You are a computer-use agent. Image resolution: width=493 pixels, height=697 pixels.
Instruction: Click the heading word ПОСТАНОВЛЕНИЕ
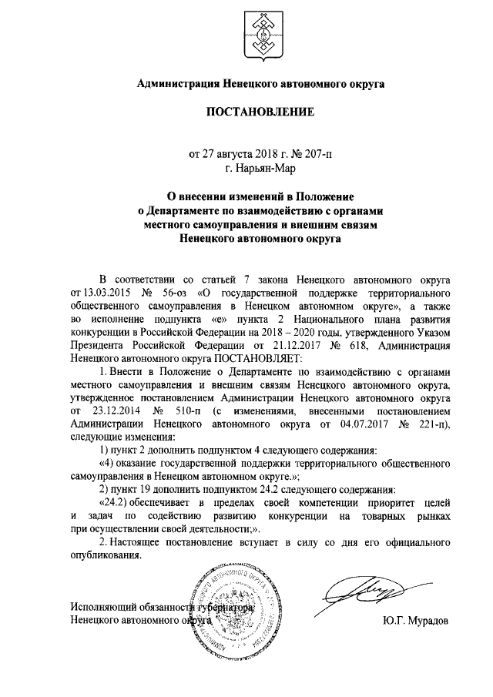pos(260,112)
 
